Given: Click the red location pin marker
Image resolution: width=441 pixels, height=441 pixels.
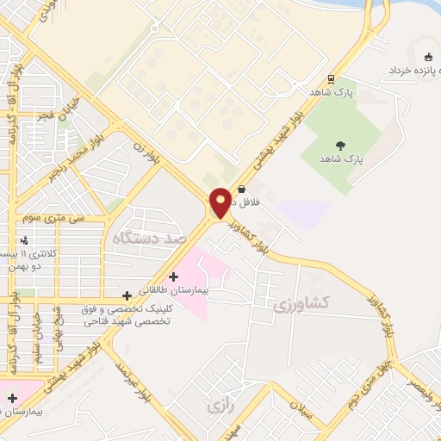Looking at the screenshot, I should (220, 202).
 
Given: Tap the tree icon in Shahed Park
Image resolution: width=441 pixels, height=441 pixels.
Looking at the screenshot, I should (341, 146).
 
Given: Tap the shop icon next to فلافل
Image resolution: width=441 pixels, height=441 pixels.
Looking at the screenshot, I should (241, 189).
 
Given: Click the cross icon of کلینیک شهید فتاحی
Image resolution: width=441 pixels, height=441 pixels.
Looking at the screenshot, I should (127, 295).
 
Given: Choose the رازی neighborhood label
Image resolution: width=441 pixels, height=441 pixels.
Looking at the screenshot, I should (220, 404).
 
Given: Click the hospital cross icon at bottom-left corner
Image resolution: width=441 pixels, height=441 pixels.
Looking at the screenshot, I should (12, 397).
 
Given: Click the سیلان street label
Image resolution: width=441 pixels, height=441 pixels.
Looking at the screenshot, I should (308, 413).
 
